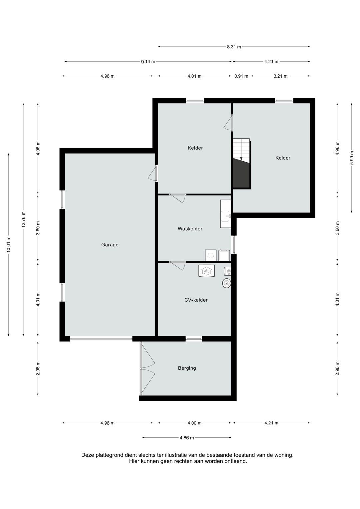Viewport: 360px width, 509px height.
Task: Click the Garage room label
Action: click(110, 245)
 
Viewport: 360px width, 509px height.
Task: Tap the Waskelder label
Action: click(190, 229)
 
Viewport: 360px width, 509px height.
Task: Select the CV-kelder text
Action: click(196, 300)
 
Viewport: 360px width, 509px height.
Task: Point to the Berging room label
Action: click(187, 368)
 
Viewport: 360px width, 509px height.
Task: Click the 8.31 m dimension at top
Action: click(234, 47)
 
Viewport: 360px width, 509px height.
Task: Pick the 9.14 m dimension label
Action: click(148, 62)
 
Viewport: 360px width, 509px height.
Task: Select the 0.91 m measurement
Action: click(241, 76)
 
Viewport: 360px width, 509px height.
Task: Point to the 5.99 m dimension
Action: click(352, 158)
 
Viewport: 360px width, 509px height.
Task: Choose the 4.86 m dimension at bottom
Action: click(187, 438)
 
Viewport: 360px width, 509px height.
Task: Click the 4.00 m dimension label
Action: click(194, 423)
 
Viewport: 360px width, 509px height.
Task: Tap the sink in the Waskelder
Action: click(225, 214)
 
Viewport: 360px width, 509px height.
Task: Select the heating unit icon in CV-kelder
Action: click(206, 271)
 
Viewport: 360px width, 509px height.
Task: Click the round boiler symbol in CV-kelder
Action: click(226, 283)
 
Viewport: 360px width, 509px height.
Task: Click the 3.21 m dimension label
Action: click(280, 76)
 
